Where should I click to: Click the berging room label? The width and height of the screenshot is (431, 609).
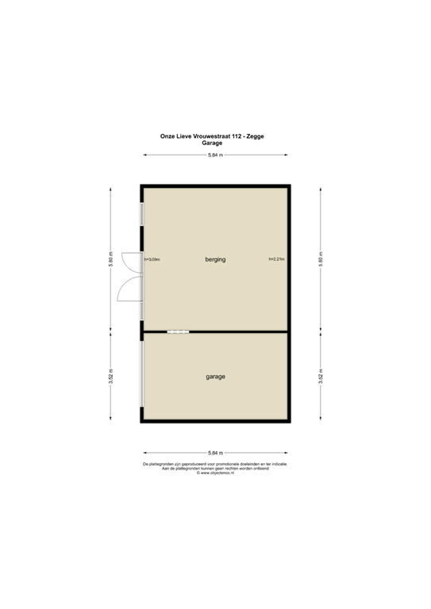[215, 259]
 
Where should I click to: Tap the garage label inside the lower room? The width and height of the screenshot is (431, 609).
[215, 377]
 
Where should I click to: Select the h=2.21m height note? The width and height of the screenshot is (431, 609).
[277, 259]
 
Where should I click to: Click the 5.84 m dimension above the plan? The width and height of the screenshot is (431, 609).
[215, 155]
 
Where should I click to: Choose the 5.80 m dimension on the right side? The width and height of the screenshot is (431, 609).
[320, 259]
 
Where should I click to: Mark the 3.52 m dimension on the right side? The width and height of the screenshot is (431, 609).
[320, 377]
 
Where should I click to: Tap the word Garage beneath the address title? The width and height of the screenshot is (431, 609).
[215, 144]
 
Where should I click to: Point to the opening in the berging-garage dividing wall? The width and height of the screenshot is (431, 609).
[179, 331]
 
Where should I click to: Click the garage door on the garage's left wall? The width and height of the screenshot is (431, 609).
[141, 377]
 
